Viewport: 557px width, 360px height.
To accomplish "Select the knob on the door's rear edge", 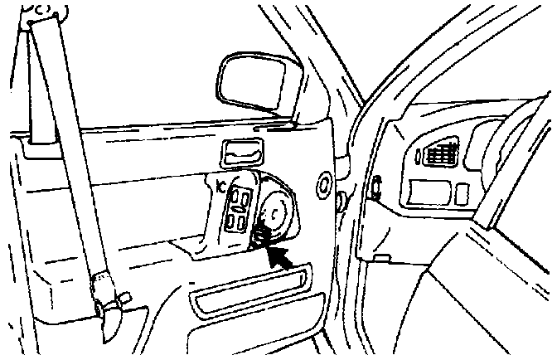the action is coord(341,199).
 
